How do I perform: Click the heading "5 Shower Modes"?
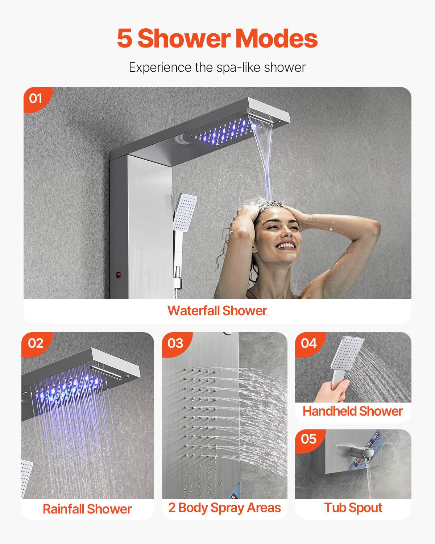[x=217, y=38]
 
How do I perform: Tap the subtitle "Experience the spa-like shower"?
[x=217, y=67]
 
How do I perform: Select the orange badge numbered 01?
[x=36, y=98]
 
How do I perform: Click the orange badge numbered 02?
[x=36, y=343]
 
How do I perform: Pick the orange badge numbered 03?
[x=175, y=343]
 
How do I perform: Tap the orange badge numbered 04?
[x=308, y=343]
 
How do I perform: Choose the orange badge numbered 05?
[x=308, y=439]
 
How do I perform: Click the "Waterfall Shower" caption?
[x=217, y=311]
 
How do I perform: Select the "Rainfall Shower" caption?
[x=87, y=509]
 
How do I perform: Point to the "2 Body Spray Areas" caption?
[x=224, y=508]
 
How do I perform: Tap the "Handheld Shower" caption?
[x=353, y=411]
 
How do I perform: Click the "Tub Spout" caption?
[x=353, y=508]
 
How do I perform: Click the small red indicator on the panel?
[x=118, y=275]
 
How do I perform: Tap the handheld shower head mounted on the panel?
[x=185, y=212]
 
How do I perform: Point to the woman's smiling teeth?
[x=286, y=246]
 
